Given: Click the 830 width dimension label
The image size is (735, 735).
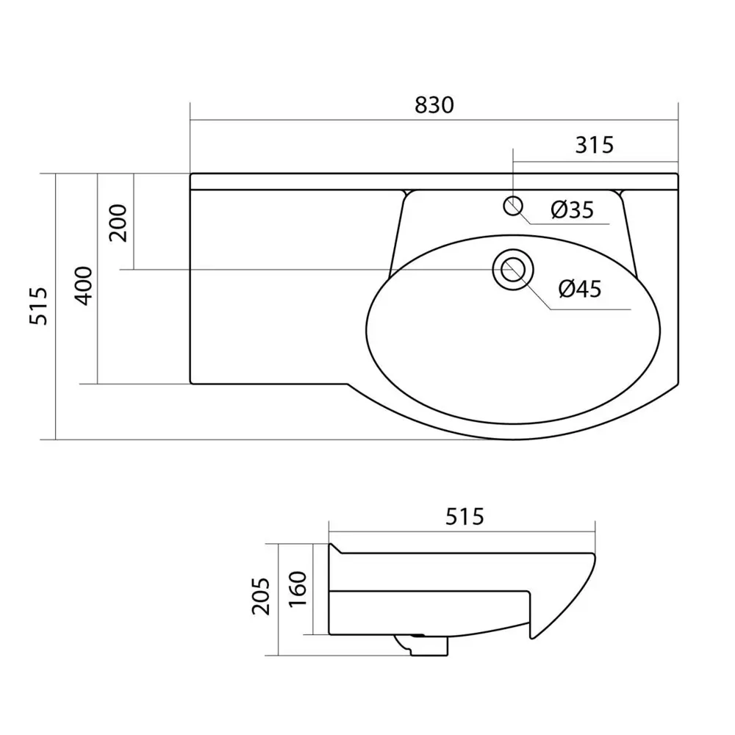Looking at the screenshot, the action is coord(434,105).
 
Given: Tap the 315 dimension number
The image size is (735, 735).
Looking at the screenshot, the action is coord(594,146).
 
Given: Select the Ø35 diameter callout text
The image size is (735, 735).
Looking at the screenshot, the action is coord(572,209).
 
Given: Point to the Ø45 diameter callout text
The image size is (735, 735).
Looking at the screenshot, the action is coord(580,289).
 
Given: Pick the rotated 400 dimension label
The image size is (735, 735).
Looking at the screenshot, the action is coord(85,286).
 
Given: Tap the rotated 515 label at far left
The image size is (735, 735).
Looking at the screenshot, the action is coord(38,306).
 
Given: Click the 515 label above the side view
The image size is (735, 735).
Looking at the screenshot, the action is coord(465,517).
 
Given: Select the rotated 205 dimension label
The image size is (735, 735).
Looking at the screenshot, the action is coord(261,596).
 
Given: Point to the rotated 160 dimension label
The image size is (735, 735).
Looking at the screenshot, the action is coord(297,589).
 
